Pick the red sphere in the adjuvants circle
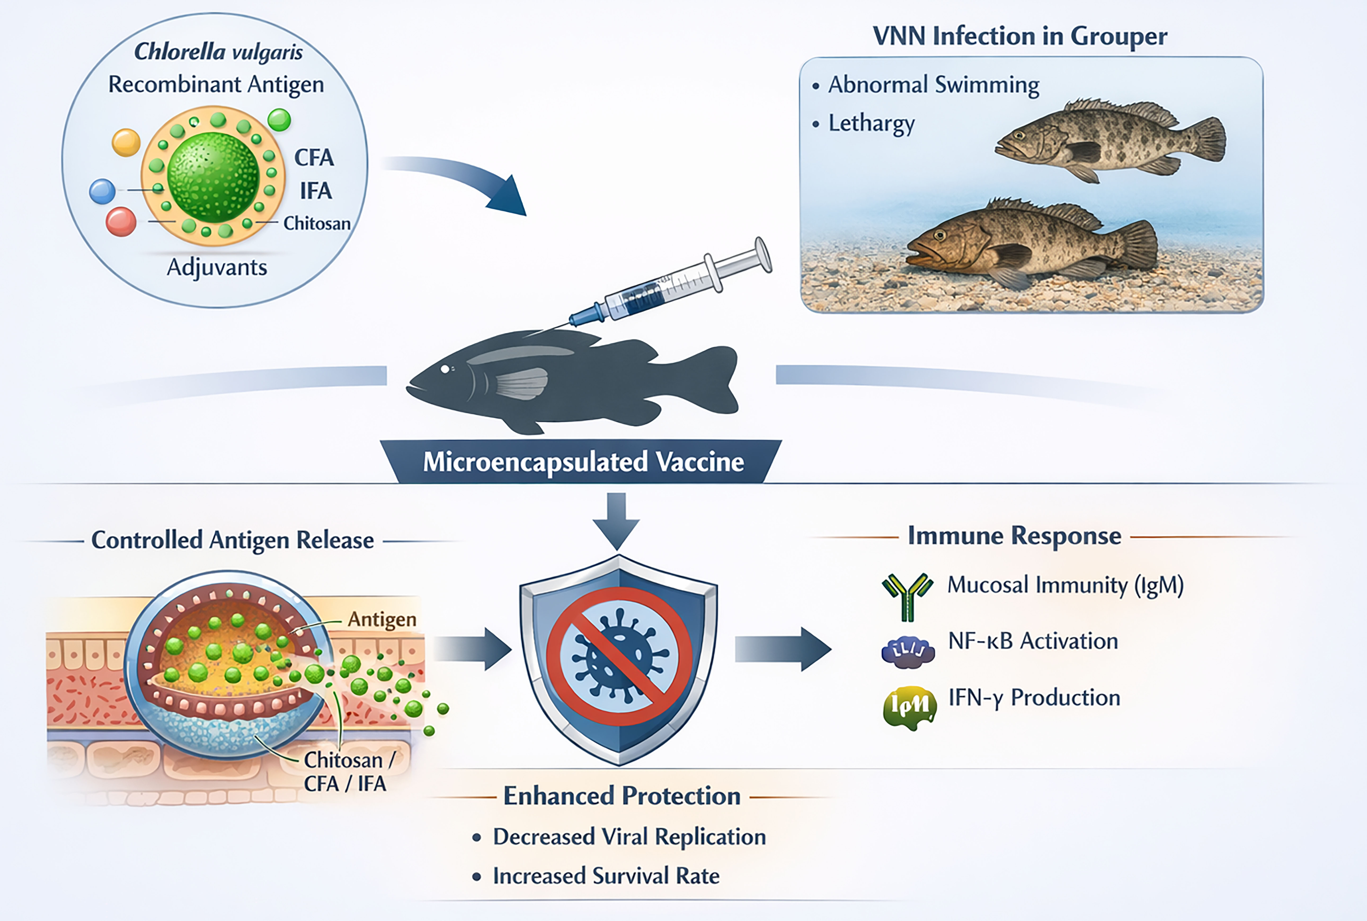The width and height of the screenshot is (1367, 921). tap(121, 222)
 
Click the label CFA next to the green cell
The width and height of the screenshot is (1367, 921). tap(314, 157)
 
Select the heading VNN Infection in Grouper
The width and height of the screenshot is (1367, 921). tap(1020, 36)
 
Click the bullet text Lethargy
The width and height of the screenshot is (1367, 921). tap(871, 123)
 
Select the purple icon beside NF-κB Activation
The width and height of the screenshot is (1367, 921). tap(908, 652)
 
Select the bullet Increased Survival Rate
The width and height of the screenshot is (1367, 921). tap(606, 876)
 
